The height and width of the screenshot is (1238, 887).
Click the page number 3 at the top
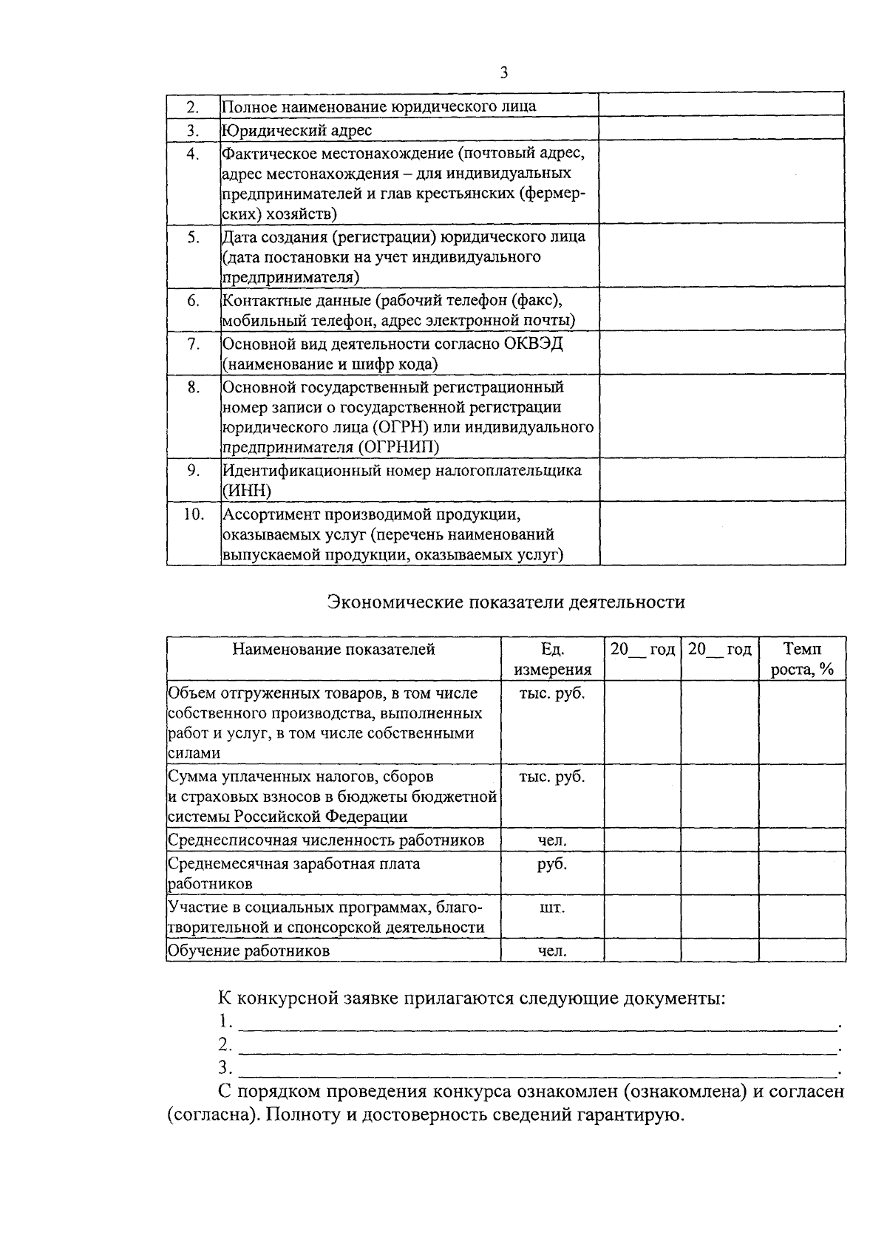tap(504, 72)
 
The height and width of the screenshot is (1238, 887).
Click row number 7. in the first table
tap(193, 344)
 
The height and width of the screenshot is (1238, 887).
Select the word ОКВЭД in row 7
tap(534, 344)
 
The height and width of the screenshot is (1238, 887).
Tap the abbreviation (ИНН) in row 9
tap(247, 491)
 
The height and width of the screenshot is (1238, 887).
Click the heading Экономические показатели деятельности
tap(506, 602)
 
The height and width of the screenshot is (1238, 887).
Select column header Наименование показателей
tap(333, 649)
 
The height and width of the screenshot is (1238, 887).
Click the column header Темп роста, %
tap(802, 659)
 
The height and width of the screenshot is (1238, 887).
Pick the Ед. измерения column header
tap(552, 659)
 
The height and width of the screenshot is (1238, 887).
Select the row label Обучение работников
tap(248, 950)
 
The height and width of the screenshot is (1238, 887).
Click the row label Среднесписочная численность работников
tap(326, 840)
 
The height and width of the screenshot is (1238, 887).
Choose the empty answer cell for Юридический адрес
tap(721, 129)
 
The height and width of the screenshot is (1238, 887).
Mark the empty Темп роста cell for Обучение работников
tap(802, 950)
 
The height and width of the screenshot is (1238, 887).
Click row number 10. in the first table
tap(193, 514)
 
